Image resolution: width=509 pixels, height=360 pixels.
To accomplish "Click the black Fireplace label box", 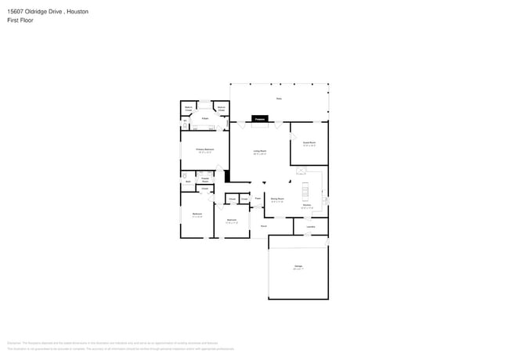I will click(x=259, y=120).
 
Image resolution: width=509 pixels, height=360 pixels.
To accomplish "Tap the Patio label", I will click(x=279, y=99).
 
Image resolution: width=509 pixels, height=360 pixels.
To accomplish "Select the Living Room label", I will click(x=259, y=152).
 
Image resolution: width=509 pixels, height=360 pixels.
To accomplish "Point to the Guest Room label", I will click(x=309, y=143).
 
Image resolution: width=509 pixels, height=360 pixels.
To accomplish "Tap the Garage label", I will click(x=298, y=268).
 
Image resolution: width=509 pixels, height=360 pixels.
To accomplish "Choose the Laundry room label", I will click(x=311, y=227).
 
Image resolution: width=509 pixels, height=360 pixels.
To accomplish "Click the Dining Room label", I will click(x=277, y=200).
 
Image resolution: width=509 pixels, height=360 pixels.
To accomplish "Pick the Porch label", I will click(x=264, y=226).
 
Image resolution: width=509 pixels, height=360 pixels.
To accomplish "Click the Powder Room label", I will click(x=204, y=179).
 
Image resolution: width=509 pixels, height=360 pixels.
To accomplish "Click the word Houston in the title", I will click(x=76, y=12).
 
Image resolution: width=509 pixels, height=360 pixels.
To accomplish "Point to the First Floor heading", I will click(x=20, y=20).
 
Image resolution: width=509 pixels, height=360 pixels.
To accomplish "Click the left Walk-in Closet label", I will click(x=189, y=108).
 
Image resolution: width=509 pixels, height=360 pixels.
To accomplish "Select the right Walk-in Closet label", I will click(x=222, y=108).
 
